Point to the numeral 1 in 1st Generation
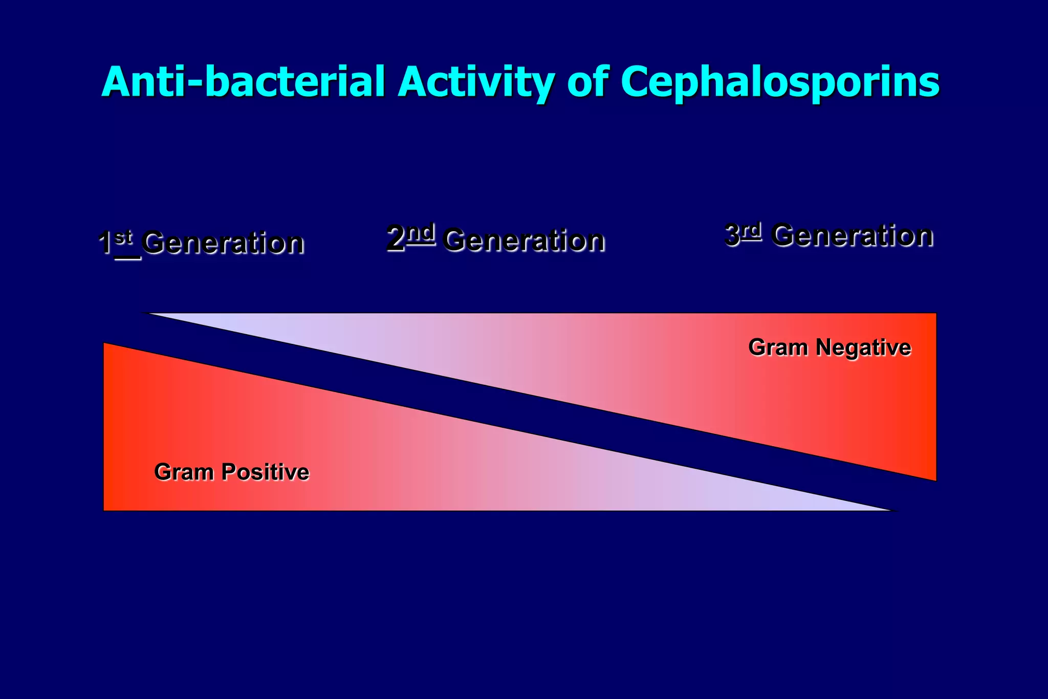click(x=105, y=243)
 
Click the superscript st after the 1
click(x=124, y=238)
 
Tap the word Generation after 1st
click(x=223, y=243)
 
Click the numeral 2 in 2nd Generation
click(x=396, y=239)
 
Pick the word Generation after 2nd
click(x=524, y=240)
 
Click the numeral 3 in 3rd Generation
click(x=732, y=235)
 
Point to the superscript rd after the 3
click(x=751, y=231)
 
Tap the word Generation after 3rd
click(x=853, y=236)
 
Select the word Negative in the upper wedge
click(x=863, y=347)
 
